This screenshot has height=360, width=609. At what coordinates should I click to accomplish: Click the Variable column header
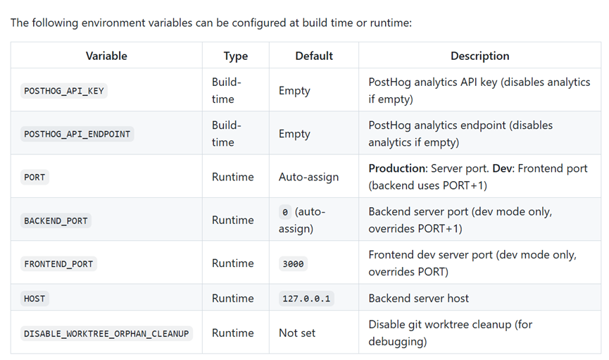pos(106,56)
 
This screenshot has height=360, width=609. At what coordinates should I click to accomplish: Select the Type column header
pos(236,56)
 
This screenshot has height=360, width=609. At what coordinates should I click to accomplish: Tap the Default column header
pos(314,56)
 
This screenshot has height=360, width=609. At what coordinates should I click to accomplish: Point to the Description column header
pos(479,56)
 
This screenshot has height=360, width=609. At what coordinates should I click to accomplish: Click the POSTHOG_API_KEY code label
pos(64,91)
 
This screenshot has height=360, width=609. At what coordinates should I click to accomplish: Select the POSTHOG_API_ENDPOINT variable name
pos(77,134)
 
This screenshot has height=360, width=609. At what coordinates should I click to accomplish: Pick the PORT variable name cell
pos(34,178)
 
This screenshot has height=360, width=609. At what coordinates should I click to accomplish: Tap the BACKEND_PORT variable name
pos(56,221)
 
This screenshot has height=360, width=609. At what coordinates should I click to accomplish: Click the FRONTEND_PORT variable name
pos(58,264)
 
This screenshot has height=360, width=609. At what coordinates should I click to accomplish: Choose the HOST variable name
pos(34,299)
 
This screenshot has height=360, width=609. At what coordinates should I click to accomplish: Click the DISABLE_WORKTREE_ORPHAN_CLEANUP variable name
pos(106,333)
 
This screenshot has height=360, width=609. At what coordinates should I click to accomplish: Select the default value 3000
pos(294,264)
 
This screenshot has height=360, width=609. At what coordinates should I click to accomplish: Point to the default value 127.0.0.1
pos(306,299)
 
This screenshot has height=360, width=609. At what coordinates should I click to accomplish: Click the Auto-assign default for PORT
pos(309,177)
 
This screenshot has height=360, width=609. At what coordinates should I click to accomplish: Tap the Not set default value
pos(297,333)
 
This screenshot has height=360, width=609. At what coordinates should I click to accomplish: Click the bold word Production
pos(398,168)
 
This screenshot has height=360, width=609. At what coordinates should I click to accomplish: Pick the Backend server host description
pos(419,298)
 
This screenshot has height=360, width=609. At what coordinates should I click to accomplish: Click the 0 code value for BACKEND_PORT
pos(285,212)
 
